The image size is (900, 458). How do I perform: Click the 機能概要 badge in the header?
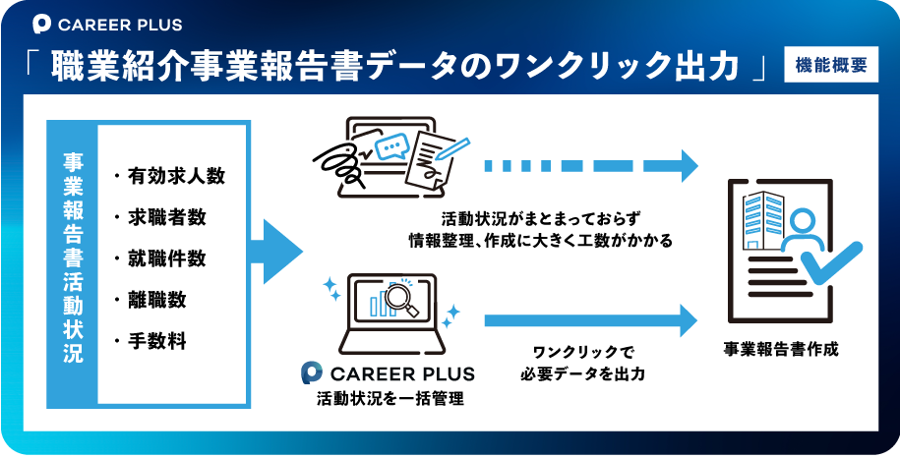(831, 65)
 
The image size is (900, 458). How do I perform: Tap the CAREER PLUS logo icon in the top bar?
(42, 24)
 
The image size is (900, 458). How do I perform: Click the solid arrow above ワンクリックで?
(591, 320)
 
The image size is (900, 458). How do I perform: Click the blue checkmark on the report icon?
(831, 264)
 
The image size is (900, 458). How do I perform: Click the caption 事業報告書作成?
(781, 349)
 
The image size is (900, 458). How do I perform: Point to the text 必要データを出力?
(583, 373)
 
